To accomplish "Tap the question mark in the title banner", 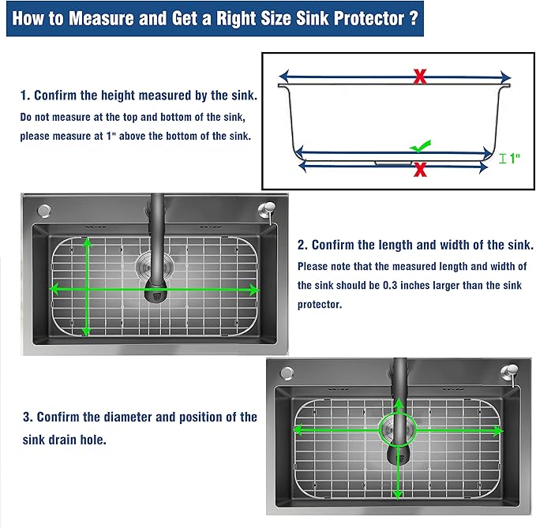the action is coord(414,18).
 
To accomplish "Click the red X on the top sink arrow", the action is coord(420,77).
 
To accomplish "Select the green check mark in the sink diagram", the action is coord(421,146).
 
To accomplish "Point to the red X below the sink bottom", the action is coord(420,170).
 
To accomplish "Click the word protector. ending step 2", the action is coord(320,304).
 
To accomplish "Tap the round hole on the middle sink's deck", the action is coord(44,211).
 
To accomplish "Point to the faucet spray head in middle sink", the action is coord(156,291).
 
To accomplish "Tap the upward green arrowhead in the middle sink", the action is coord(87,242).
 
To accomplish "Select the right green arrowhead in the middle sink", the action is coord(254,290).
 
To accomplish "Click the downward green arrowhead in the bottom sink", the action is coord(397,494).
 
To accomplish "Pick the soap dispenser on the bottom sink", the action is coord(510,373).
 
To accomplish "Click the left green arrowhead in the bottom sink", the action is coord(298,430).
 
